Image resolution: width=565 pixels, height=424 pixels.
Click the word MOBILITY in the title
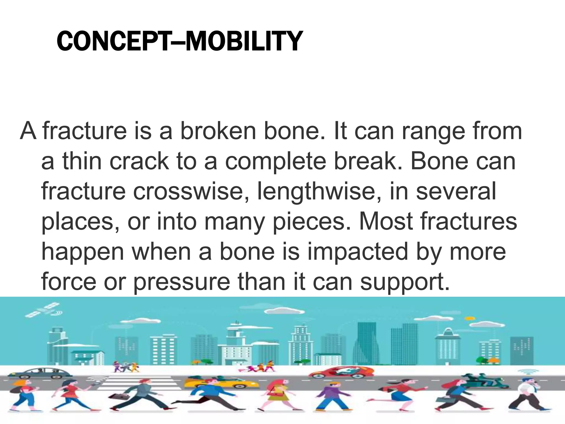(x=244, y=41)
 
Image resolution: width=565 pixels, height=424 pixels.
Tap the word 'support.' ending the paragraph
(x=405, y=282)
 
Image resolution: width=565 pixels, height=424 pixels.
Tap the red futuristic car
(x=342, y=372)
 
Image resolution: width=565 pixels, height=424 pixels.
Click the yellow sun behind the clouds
(x=470, y=319)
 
